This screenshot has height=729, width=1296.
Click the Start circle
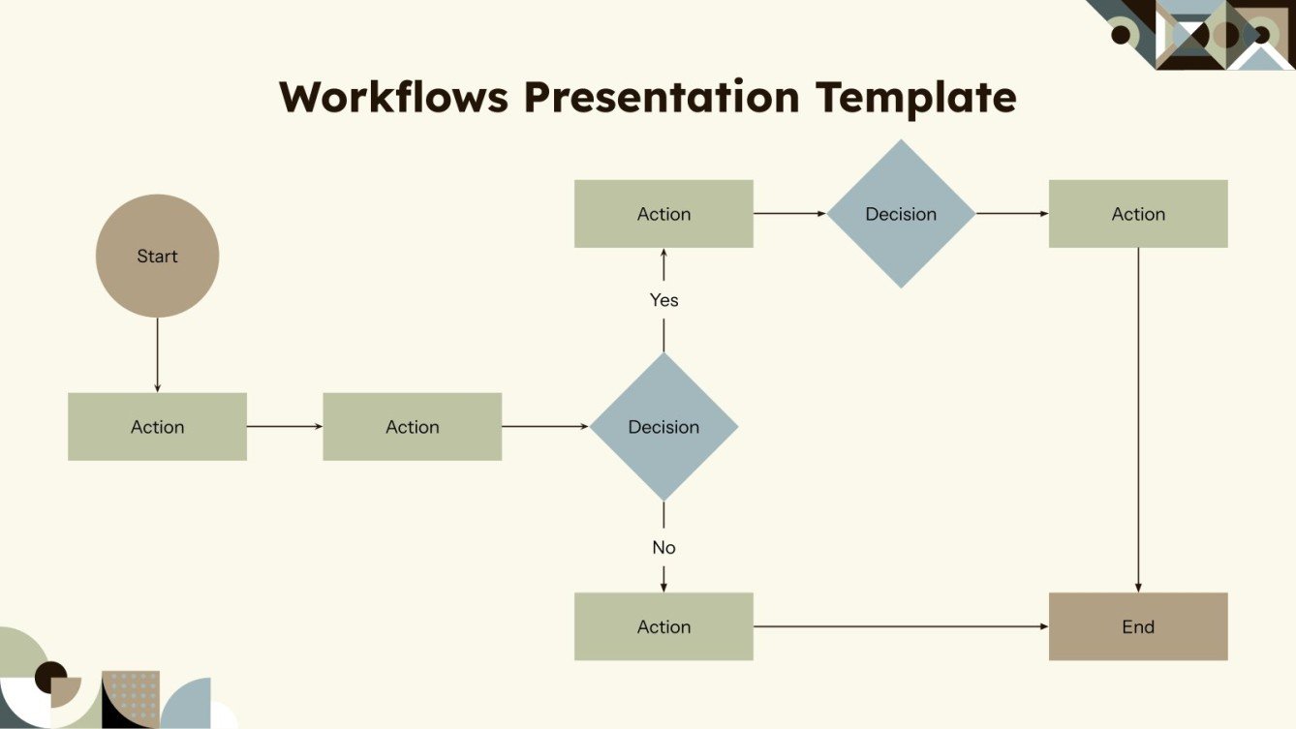(157, 256)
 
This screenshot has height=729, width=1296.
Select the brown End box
(1137, 626)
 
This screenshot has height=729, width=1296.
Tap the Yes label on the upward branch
(663, 300)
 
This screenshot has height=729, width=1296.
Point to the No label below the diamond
(663, 548)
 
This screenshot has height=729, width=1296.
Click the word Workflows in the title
(393, 97)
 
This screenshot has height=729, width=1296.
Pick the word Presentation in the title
(662, 97)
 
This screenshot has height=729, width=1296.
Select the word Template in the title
(915, 97)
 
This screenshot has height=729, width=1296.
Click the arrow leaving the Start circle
(157, 354)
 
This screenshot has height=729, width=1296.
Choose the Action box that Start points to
(157, 426)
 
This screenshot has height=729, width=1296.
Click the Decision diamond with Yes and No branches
(663, 426)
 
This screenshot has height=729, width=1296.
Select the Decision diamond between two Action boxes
(901, 214)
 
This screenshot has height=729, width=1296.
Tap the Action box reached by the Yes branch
(663, 214)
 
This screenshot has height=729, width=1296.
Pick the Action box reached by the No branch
(663, 626)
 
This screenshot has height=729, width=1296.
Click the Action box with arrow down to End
(1137, 214)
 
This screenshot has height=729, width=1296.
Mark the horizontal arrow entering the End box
(901, 626)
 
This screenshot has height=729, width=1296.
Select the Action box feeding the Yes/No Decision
(412, 426)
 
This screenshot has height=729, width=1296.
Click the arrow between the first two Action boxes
(285, 426)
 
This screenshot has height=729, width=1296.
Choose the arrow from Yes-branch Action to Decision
(790, 214)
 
